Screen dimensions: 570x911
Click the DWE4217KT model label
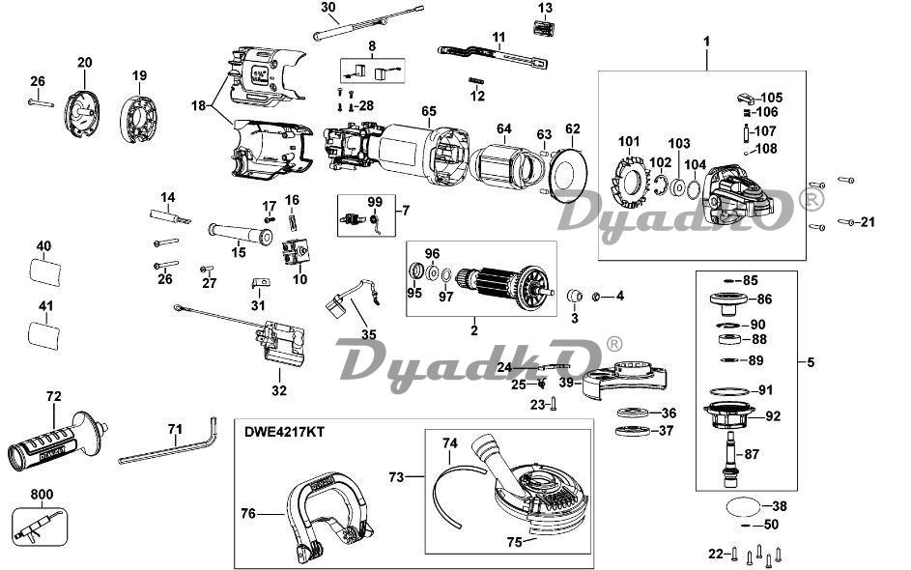coord(284,432)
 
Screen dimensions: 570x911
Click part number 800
coord(42,495)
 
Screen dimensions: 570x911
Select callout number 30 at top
coord(327,8)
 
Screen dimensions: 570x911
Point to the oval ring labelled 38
coord(741,505)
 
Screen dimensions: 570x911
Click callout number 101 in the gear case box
coord(630,142)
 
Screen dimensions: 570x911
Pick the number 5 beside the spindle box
coord(811,362)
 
